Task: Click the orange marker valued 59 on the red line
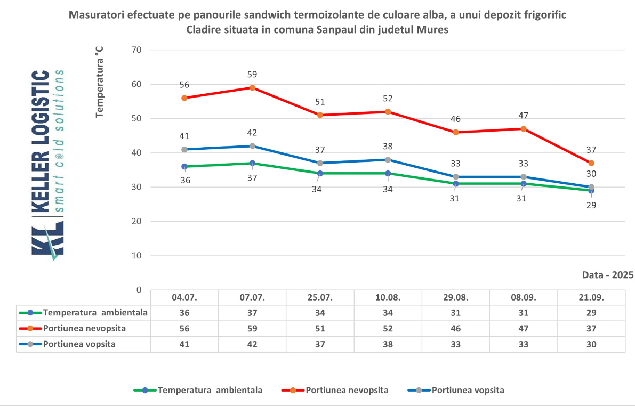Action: pos(252,87)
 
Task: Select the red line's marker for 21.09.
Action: pos(591,163)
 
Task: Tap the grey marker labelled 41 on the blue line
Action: pos(184,150)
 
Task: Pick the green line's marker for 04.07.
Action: pos(184,167)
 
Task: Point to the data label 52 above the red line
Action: pos(388,99)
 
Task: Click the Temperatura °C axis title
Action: pos(99,82)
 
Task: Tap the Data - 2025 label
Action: pos(608,275)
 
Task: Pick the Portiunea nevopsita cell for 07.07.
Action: pos(252,329)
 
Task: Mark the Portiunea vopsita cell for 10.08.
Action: pos(388,344)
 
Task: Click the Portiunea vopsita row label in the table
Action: pos(79,344)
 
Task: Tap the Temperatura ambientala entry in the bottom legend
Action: pos(210,390)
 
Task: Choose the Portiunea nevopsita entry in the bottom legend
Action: pos(347,390)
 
